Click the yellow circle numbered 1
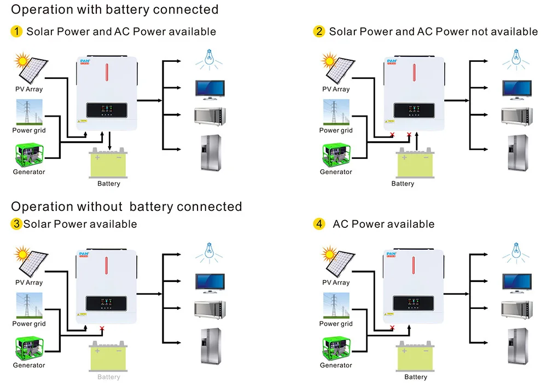(16, 31)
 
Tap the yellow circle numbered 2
(319, 31)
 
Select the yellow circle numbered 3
(16, 224)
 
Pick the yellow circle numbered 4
(319, 224)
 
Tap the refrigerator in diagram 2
(517, 153)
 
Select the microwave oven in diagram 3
(210, 309)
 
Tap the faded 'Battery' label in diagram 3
(108, 377)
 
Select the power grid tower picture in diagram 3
(29, 306)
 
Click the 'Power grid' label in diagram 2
(336, 130)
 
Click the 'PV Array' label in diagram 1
(29, 89)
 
